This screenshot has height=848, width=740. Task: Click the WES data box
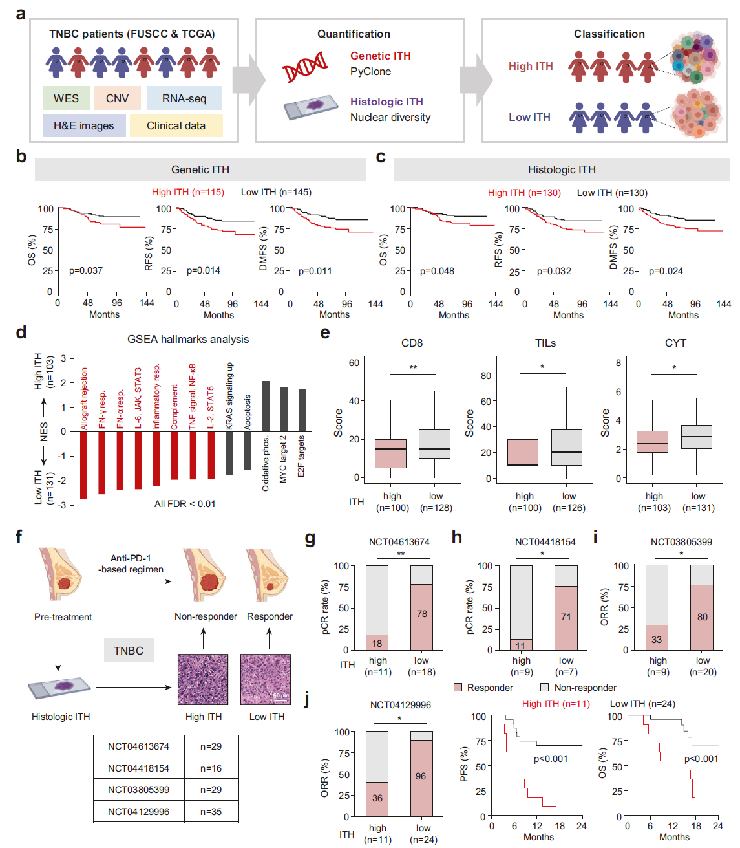pyautogui.click(x=66, y=98)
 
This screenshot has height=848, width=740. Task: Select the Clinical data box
pyautogui.click(x=176, y=125)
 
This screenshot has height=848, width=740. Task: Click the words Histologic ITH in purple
pyautogui.click(x=386, y=102)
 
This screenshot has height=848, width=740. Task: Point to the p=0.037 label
pyautogui.click(x=86, y=270)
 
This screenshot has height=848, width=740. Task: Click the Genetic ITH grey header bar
pyautogui.click(x=200, y=169)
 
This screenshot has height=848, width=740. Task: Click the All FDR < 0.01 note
pyautogui.click(x=185, y=504)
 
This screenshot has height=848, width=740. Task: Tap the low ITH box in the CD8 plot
pyautogui.click(x=434, y=444)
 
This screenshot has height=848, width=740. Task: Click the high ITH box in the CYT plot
pyautogui.click(x=652, y=442)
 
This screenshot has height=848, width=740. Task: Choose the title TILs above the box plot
pyautogui.click(x=545, y=343)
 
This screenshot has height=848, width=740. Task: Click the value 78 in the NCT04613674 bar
pyautogui.click(x=422, y=614)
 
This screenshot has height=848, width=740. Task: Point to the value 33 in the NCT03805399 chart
pyautogui.click(x=657, y=640)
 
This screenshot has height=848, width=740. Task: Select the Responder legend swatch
pyautogui.click(x=458, y=687)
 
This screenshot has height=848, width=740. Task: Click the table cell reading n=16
pyautogui.click(x=211, y=768)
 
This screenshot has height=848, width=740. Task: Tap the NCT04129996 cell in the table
pyautogui.click(x=138, y=812)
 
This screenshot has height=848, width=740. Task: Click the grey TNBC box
pyautogui.click(x=129, y=651)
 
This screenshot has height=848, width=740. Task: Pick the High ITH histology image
pyautogui.click(x=203, y=679)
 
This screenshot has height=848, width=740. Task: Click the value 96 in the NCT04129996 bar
pyautogui.click(x=421, y=776)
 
